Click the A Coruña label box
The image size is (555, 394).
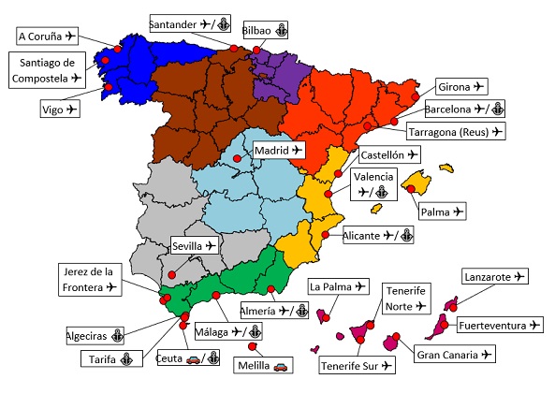47,36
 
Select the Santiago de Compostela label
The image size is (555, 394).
47,69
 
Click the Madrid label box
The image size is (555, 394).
279,150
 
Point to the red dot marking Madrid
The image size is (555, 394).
238,159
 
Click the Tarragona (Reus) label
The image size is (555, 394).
455,131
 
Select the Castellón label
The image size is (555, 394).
387,153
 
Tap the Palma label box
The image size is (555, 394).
440,212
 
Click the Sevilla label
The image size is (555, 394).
195,246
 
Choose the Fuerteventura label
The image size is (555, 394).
498,326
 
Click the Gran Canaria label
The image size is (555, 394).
454,355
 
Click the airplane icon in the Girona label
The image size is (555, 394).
479,86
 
